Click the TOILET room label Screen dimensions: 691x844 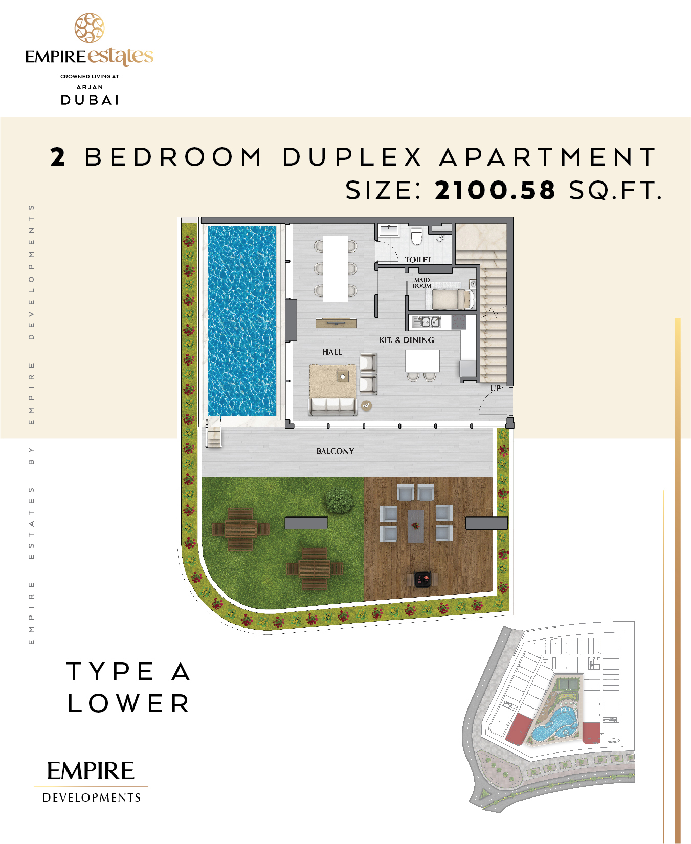point(418,260)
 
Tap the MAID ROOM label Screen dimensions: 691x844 point(422,283)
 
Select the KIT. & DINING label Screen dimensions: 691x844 point(407,340)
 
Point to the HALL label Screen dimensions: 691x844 point(332,352)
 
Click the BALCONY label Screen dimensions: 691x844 point(335,451)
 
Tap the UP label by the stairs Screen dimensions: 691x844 point(495,389)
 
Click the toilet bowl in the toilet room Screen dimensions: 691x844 point(416,237)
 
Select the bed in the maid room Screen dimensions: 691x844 point(453,299)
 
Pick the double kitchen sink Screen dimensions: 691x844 point(427,322)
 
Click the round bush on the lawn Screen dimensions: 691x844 point(339,500)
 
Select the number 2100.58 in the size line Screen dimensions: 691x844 point(495,190)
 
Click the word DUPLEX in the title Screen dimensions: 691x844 point(352,157)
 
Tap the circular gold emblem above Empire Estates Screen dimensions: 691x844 point(90,28)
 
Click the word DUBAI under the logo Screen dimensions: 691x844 point(90,100)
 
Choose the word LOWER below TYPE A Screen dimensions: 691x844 point(128,703)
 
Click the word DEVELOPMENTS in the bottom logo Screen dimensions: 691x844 point(92,798)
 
